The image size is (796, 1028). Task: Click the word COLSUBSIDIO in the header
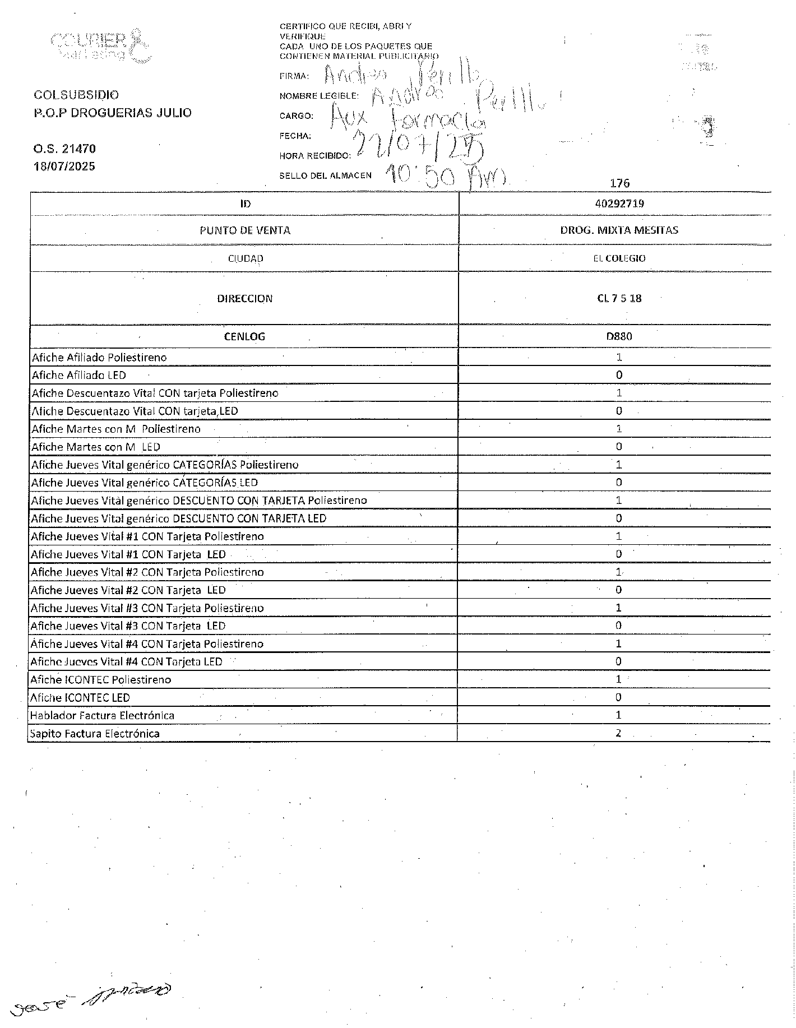pos(76,95)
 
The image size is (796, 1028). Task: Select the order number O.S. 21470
pos(64,149)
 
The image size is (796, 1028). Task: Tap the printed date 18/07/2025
pos(64,166)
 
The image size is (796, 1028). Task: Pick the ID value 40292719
pos(619,203)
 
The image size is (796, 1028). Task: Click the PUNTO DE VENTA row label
pos(245,230)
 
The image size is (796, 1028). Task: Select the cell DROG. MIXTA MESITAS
pos(619,230)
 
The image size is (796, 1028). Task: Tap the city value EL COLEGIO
pos(619,258)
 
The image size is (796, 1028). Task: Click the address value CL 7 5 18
pos(619,298)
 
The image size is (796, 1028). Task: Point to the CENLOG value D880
pos(619,336)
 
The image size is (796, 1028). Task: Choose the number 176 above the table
pos(619,183)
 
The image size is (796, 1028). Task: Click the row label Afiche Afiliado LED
pos(79,375)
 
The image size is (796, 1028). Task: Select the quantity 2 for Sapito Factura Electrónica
pos(618,733)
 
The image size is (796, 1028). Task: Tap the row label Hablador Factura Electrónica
pos(102,715)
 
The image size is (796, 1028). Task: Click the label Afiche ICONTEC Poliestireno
pos(101,679)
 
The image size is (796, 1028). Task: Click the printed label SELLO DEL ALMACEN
pos(325,175)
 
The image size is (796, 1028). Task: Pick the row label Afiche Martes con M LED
pos(95,447)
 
